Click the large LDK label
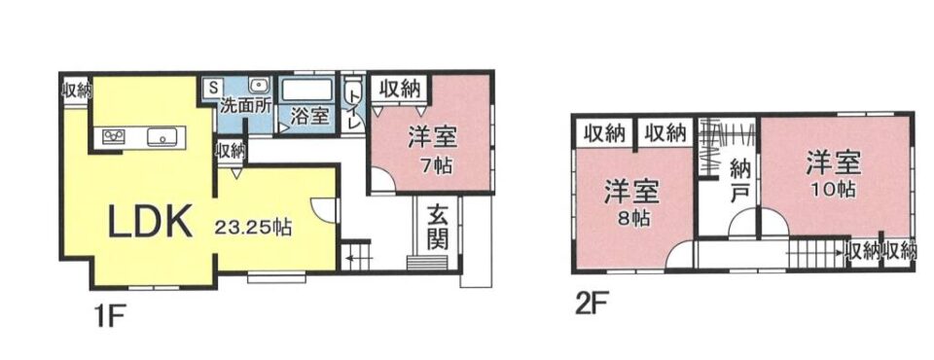[150, 223]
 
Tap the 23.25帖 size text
[253, 227]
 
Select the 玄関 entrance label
[438, 229]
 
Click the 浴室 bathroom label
[309, 116]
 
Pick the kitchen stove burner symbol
[113, 136]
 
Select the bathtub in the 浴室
[306, 90]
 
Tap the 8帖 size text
[633, 219]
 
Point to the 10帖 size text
[834, 190]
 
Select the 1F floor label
[107, 315]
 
